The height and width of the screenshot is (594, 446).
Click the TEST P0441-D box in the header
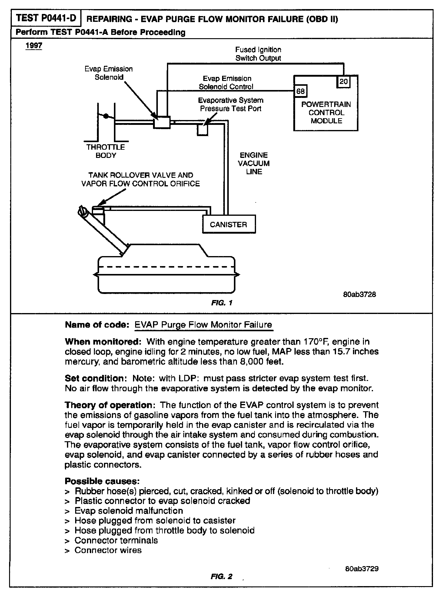46,18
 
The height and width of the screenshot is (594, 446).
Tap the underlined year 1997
34,46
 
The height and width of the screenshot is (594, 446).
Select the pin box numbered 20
344,82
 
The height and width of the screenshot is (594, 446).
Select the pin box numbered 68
300,91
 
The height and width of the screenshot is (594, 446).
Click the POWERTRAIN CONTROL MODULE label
326,112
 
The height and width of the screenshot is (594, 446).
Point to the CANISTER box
229,224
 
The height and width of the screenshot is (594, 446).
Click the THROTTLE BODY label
105,151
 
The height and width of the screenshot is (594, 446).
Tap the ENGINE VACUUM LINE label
254,163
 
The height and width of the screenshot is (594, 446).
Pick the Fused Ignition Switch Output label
258,54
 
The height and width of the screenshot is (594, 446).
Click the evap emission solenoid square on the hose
162,122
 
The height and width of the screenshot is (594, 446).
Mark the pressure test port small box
202,130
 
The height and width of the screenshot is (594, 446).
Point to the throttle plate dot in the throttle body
106,116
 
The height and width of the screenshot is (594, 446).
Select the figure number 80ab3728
360,294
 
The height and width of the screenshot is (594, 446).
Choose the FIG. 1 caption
222,303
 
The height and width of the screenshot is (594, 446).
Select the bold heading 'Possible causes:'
102,481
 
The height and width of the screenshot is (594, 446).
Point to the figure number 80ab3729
362,569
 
